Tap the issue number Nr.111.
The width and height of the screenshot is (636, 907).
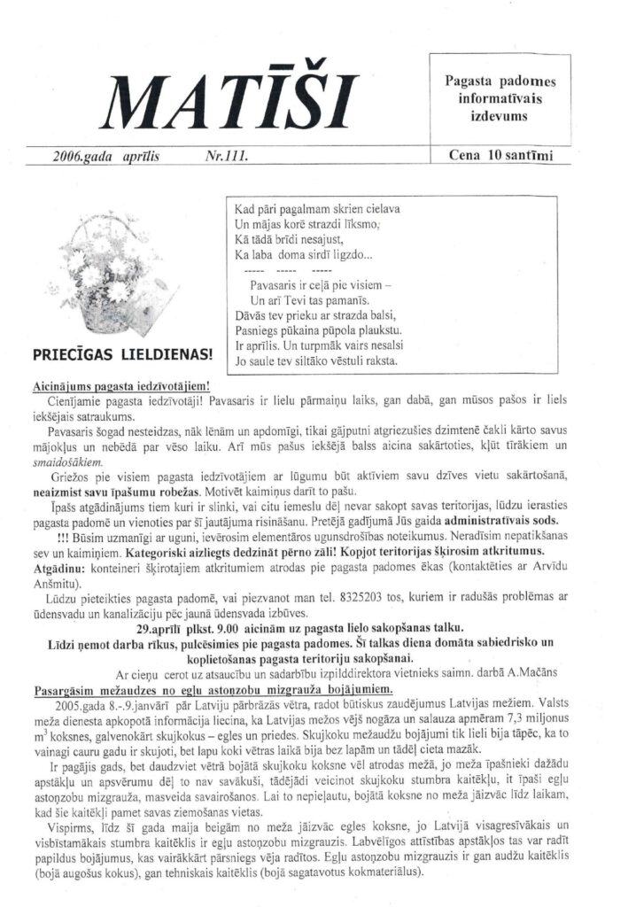coord(226,156)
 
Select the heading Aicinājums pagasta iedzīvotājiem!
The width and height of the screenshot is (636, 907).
coord(120,387)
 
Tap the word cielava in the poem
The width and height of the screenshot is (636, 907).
coord(380,210)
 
